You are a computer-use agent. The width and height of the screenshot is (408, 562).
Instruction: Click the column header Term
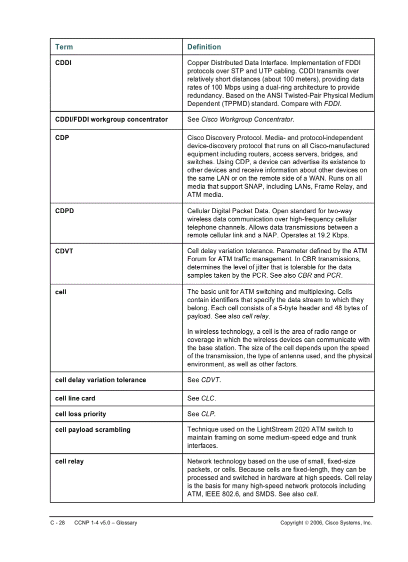[x=63, y=47]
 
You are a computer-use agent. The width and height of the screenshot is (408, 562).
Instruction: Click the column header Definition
[x=204, y=47]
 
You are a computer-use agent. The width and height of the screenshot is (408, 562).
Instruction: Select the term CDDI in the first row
[x=63, y=63]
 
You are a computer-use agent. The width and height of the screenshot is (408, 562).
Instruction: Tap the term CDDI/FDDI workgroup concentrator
[x=111, y=120]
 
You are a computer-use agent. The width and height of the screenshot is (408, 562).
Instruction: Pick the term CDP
[x=62, y=138]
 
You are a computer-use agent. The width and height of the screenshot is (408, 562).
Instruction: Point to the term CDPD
[x=64, y=211]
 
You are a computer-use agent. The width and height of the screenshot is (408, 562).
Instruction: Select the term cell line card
[x=75, y=399]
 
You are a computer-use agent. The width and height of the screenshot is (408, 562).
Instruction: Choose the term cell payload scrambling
[x=92, y=430]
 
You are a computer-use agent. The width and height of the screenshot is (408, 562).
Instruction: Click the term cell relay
[x=69, y=462]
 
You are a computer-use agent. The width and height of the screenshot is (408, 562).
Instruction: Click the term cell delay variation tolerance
[x=100, y=380]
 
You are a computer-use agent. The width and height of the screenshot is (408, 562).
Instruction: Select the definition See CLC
[x=201, y=399]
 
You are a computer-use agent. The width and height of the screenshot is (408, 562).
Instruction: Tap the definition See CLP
[x=201, y=414]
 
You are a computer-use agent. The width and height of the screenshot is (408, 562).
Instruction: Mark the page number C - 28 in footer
[x=57, y=523]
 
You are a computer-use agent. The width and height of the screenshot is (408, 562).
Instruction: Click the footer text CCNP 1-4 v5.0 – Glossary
[x=105, y=523]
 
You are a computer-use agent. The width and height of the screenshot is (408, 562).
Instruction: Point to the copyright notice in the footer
[x=326, y=523]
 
